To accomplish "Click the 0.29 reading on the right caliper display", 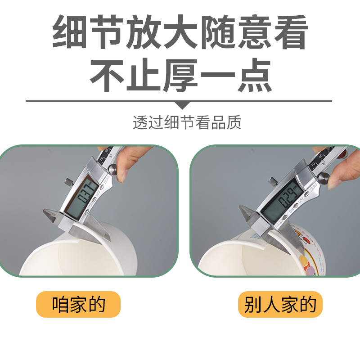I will (x=287, y=197).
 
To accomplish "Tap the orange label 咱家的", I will (x=78, y=305).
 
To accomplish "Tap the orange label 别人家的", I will (x=280, y=305).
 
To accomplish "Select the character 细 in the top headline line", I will (x=72, y=33).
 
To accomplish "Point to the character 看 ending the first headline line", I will (x=288, y=33).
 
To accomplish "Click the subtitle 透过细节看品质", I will (x=187, y=123).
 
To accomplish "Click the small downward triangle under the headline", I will (x=182, y=105).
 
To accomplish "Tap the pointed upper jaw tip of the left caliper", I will (x=46, y=211).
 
